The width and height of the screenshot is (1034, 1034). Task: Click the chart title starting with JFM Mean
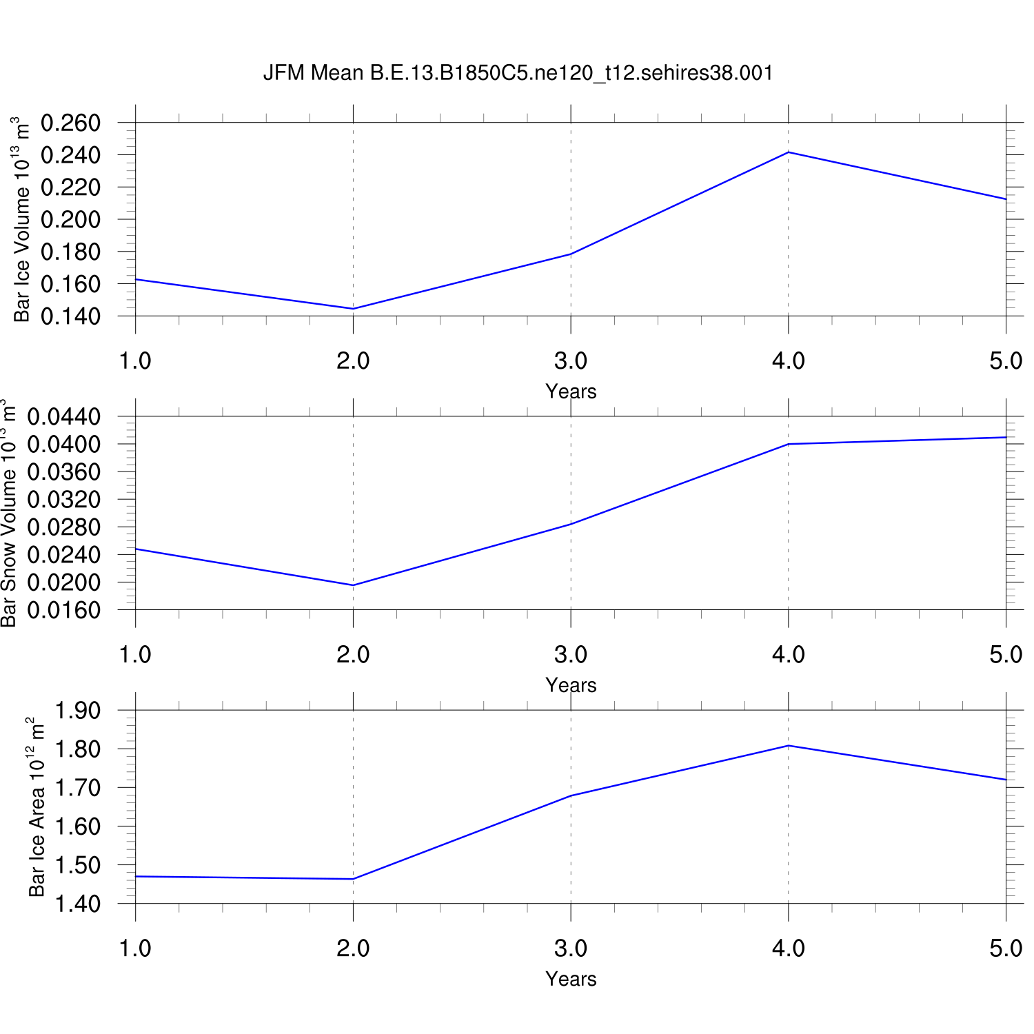pyautogui.click(x=518, y=73)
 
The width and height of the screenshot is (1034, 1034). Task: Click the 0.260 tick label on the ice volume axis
pyautogui.click(x=70, y=123)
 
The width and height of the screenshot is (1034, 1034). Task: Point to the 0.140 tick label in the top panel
pyautogui.click(x=70, y=316)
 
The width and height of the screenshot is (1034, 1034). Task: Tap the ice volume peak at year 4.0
pyautogui.click(x=789, y=152)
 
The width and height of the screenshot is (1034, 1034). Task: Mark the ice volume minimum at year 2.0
pyautogui.click(x=353, y=309)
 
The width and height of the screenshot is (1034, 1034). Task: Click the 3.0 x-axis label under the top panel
pyautogui.click(x=571, y=361)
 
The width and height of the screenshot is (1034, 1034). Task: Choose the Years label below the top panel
pyautogui.click(x=571, y=392)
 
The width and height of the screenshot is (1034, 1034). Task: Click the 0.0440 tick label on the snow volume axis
pyautogui.click(x=63, y=417)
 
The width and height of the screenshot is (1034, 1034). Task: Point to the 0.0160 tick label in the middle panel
pyautogui.click(x=63, y=611)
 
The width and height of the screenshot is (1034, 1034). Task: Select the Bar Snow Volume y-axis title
pyautogui.click(x=8, y=513)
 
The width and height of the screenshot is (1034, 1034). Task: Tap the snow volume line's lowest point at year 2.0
pyautogui.click(x=353, y=585)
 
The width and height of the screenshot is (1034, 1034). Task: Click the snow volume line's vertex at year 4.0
pyautogui.click(x=789, y=444)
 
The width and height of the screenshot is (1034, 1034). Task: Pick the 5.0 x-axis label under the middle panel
pyautogui.click(x=1006, y=654)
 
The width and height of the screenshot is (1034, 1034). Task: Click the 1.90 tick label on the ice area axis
pyautogui.click(x=77, y=711)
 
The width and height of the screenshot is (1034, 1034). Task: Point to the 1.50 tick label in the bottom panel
pyautogui.click(x=77, y=865)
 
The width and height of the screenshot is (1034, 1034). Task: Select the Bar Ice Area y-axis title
pyautogui.click(x=36, y=807)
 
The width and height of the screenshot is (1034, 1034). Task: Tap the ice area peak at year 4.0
pyautogui.click(x=789, y=746)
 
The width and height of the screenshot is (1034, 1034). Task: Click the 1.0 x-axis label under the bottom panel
pyautogui.click(x=135, y=949)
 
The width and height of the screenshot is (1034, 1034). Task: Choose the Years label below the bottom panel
pyautogui.click(x=571, y=979)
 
